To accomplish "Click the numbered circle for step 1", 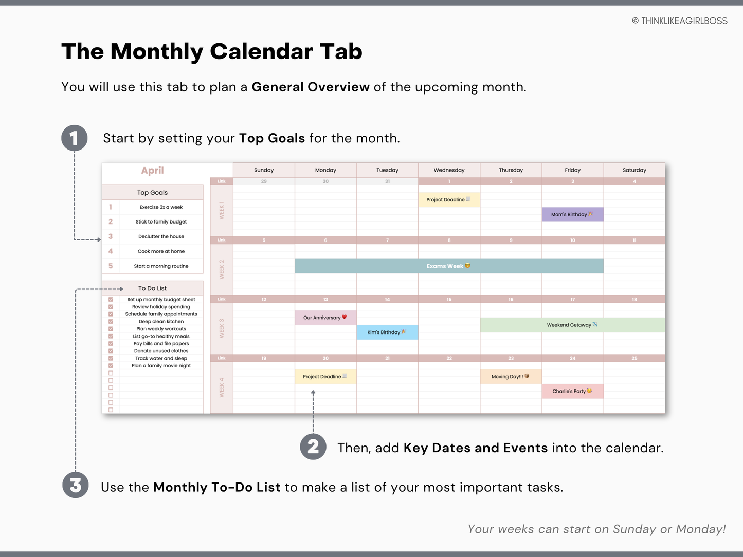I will click(75, 138).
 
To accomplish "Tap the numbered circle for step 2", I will click(313, 447).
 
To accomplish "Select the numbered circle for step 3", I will click(76, 486).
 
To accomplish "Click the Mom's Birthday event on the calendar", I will click(572, 214).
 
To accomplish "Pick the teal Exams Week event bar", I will click(449, 266).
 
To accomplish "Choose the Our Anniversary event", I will click(325, 318).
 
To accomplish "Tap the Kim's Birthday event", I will click(387, 332).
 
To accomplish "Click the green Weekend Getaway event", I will click(572, 325).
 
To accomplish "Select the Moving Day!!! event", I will click(511, 377).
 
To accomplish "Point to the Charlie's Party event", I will click(572, 391).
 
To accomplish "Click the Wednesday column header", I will click(449, 170).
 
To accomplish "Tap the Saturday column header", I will click(634, 170).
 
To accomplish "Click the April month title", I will click(153, 171).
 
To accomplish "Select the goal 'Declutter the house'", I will click(161, 236).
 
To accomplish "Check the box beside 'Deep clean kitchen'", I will click(111, 322).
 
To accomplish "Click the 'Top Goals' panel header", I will click(153, 193).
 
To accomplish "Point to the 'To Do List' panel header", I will click(153, 288).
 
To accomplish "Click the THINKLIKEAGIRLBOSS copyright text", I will click(679, 21).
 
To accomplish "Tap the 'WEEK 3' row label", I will click(222, 328).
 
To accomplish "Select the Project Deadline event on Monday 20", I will click(325, 377).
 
